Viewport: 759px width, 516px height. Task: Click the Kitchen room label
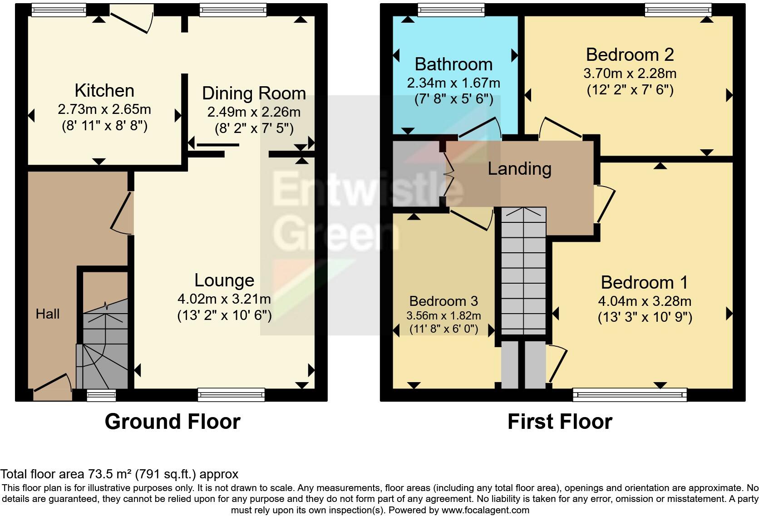click(104, 91)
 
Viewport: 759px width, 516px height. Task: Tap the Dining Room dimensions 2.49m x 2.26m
click(254, 112)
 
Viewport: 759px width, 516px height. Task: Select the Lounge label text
click(224, 280)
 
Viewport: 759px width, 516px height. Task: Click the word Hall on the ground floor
click(48, 314)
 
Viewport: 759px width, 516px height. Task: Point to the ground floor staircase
click(105, 349)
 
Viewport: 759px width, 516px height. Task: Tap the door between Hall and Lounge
click(122, 212)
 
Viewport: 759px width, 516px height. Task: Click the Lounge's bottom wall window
click(232, 395)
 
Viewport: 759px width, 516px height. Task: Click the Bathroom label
click(453, 64)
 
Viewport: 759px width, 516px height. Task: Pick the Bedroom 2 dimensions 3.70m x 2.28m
click(630, 74)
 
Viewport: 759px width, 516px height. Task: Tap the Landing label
click(519, 169)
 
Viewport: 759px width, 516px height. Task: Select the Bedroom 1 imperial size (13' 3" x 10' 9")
click(645, 317)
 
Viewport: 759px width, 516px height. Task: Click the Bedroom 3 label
click(444, 301)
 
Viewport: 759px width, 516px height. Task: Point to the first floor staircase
click(524, 272)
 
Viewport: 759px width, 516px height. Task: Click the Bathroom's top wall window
click(451, 10)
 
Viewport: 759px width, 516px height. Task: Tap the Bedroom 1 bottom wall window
click(630, 395)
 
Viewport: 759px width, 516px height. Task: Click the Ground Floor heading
click(172, 422)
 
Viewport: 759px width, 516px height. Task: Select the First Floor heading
click(560, 422)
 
